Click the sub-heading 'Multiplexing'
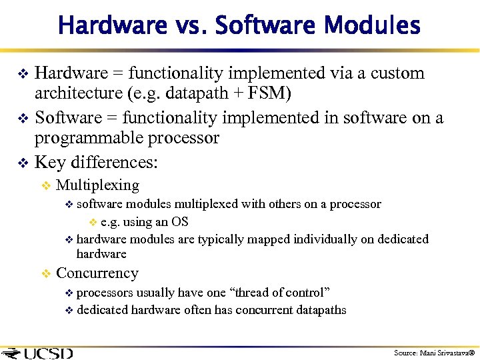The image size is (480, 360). click(x=97, y=185)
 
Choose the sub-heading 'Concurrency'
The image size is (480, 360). click(x=97, y=273)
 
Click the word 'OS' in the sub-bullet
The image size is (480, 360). click(x=180, y=222)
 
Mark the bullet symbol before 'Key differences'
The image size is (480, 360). click(x=22, y=163)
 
